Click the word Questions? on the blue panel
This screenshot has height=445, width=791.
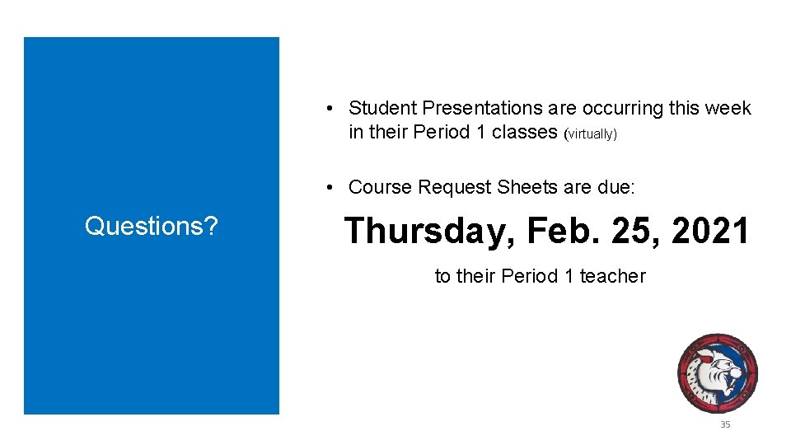tap(152, 226)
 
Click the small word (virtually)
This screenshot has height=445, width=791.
tap(590, 133)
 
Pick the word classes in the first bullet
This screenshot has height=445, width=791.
tap(525, 133)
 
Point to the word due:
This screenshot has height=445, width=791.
tap(615, 187)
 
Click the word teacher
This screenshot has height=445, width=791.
tap(612, 276)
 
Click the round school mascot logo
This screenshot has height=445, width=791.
tap(717, 373)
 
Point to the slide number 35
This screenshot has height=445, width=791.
tap(725, 424)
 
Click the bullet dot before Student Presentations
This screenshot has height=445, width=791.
tap(328, 108)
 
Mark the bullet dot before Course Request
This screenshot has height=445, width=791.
tap(328, 187)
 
